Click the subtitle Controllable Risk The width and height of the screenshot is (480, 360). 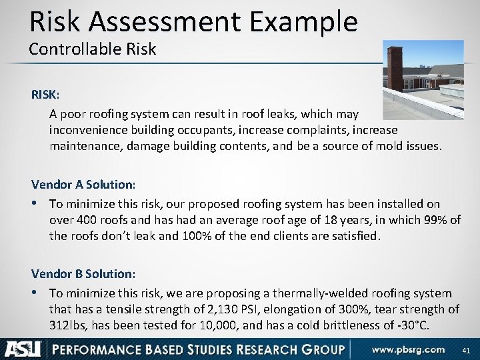tap(92, 49)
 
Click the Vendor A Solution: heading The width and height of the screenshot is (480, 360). tap(83, 183)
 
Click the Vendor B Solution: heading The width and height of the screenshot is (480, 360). tap(83, 273)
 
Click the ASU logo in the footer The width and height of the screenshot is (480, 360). tap(23, 349)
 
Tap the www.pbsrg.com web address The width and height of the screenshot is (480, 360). tap(408, 349)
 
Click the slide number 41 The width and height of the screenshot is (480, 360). tap(465, 349)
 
